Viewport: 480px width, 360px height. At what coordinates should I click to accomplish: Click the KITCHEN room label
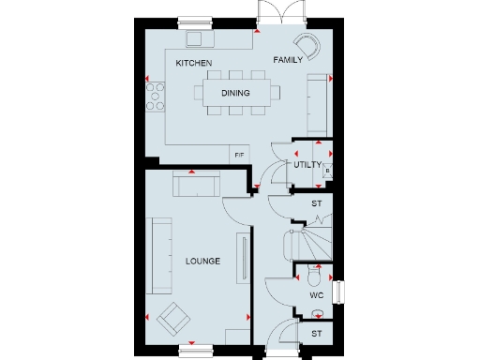click(194, 63)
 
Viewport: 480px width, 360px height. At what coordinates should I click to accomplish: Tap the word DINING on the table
click(235, 94)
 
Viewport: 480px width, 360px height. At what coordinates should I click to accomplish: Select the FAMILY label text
click(287, 60)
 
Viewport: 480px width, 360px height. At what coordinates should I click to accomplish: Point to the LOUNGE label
click(202, 261)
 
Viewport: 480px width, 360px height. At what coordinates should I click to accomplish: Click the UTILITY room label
click(307, 165)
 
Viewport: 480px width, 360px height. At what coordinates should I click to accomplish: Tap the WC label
click(316, 295)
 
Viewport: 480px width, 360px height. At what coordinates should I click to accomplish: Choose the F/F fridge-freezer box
click(239, 154)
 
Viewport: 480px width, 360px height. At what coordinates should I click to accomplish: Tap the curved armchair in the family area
click(307, 44)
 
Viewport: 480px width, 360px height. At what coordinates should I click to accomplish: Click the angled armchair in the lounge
click(172, 320)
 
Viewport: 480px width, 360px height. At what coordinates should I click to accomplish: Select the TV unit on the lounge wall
click(245, 262)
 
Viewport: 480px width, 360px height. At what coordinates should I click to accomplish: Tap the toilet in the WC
click(314, 276)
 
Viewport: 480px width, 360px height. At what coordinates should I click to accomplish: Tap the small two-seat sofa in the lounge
click(196, 185)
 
